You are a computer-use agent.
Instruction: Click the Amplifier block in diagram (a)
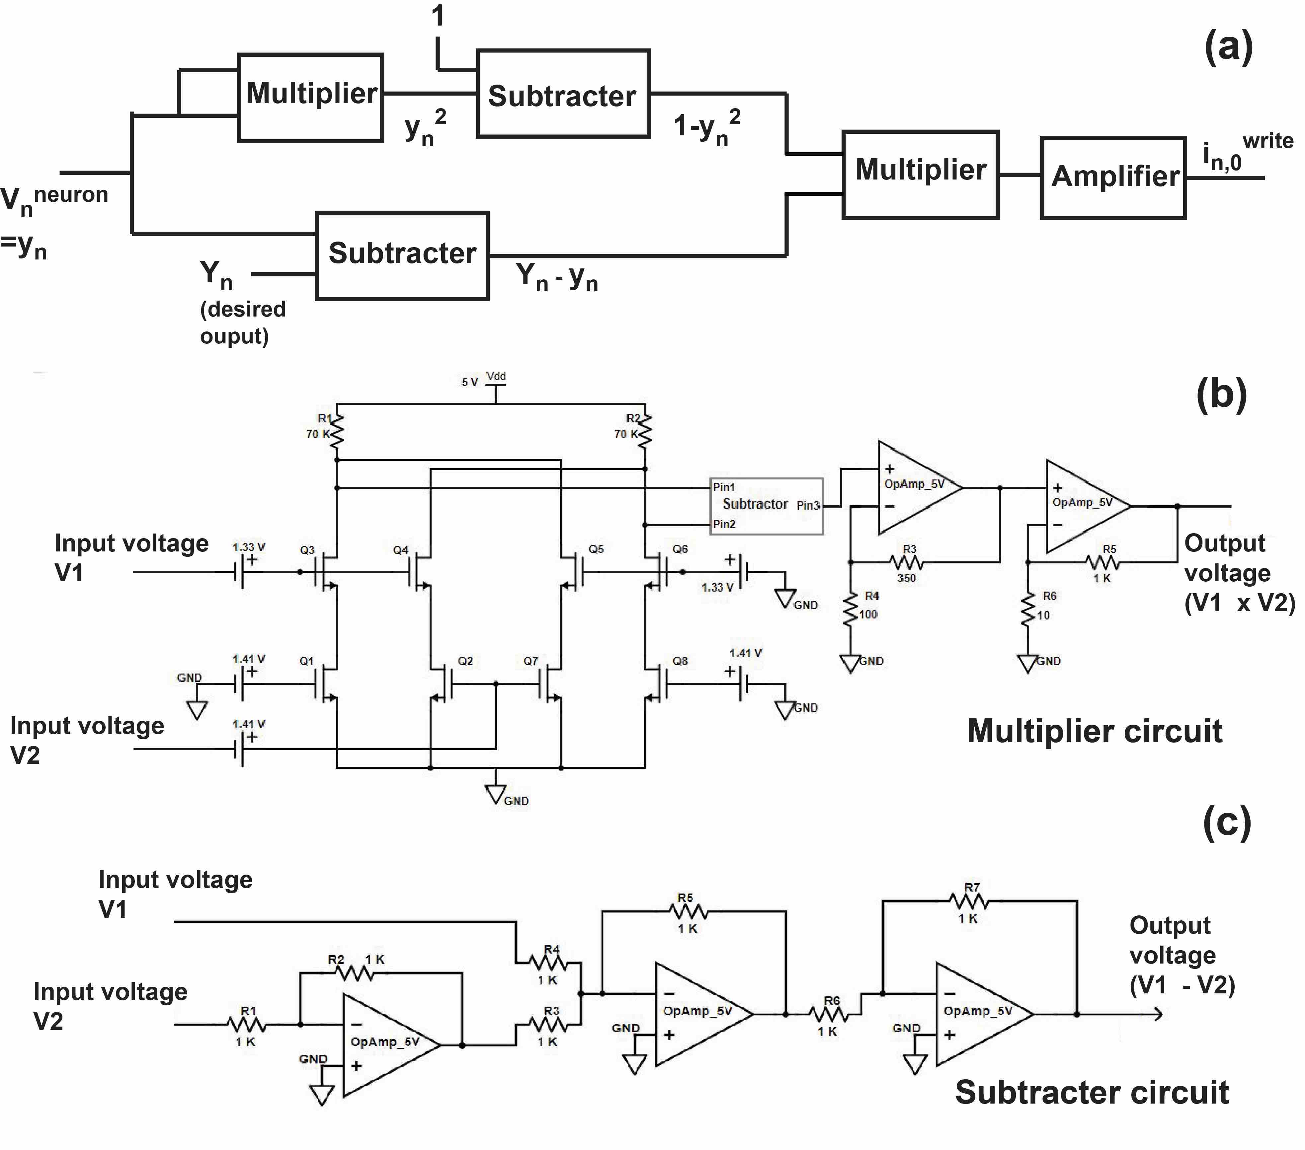[1113, 178]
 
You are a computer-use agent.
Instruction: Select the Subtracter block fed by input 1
[563, 94]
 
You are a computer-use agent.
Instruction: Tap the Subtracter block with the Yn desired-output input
[402, 255]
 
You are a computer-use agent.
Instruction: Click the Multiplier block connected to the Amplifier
[921, 175]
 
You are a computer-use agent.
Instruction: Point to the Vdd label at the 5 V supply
[496, 377]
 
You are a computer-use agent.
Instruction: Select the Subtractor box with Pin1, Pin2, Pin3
[766, 506]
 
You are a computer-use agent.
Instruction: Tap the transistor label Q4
[400, 549]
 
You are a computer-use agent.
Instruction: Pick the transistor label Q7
[530, 661]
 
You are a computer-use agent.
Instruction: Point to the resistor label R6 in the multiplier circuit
[1049, 596]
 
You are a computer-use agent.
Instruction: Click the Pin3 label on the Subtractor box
[808, 505]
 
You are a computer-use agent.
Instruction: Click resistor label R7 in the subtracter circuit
[972, 887]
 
